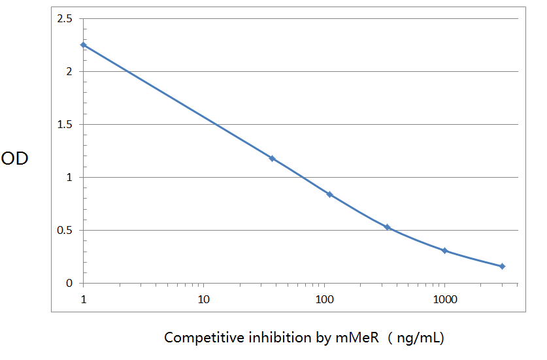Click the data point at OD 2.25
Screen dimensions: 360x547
(84, 45)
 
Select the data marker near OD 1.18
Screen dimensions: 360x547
(273, 159)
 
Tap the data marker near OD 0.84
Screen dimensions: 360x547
(329, 195)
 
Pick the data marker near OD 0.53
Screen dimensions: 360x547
(387, 227)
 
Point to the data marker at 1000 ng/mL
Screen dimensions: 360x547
(444, 250)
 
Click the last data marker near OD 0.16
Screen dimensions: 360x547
(502, 266)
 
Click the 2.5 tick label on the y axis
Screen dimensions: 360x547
(65, 19)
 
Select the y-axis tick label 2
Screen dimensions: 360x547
(69, 72)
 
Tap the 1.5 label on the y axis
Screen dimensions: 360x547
(65, 125)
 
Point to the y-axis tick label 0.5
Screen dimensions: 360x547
(65, 231)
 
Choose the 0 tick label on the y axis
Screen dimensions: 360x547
(69, 284)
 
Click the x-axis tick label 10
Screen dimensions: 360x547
(203, 300)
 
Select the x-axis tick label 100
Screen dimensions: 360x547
(324, 300)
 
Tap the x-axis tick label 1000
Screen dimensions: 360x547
(445, 300)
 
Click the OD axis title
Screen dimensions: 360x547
(14, 159)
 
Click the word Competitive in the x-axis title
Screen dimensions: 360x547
(197, 338)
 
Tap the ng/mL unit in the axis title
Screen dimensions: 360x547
(420, 338)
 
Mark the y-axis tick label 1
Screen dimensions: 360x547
(69, 178)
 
